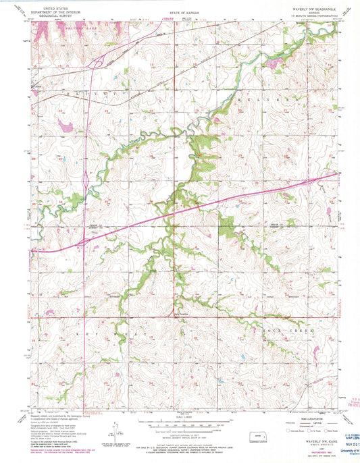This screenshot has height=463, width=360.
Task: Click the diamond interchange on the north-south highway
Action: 84,182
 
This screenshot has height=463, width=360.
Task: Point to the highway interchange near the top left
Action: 98,63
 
